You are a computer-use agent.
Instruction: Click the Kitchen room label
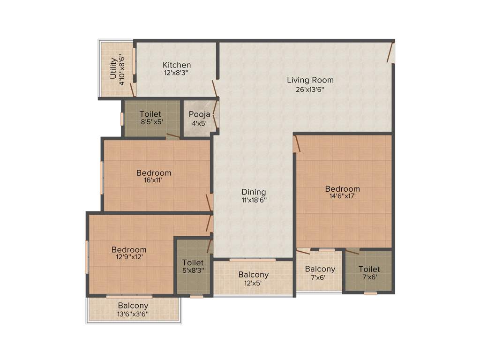tap(177, 65)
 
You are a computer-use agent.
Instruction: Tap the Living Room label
tap(310, 80)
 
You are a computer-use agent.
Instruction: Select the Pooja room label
tap(199, 114)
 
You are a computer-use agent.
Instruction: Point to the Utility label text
tap(113, 68)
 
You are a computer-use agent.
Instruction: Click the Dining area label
tap(254, 192)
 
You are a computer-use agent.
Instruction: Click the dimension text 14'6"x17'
tap(343, 197)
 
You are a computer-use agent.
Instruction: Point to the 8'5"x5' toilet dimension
tap(150, 121)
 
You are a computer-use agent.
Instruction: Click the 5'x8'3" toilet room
tap(193, 266)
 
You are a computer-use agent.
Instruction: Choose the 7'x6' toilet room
tap(369, 272)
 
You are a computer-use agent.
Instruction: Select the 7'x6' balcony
tap(320, 272)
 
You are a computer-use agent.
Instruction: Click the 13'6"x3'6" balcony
tap(133, 310)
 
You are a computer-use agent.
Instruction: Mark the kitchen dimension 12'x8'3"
tap(176, 73)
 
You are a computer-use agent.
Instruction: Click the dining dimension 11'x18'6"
tap(254, 200)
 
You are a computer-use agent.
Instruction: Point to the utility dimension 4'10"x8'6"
tap(122, 70)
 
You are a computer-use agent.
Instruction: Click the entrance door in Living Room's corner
tap(390, 52)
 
